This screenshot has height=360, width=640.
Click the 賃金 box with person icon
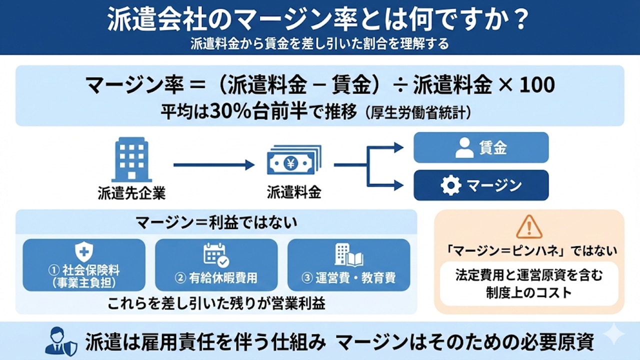pyautogui.click(x=480, y=147)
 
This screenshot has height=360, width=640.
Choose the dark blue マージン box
pyautogui.click(x=480, y=185)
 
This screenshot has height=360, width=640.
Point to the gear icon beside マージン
pyautogui.click(x=450, y=185)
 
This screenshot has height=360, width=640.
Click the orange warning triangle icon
pyautogui.click(x=529, y=227)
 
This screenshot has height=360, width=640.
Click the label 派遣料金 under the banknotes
pyautogui.click(x=294, y=192)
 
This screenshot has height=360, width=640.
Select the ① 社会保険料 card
pyautogui.click(x=84, y=265)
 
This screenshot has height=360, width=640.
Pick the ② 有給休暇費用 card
pyautogui.click(x=216, y=265)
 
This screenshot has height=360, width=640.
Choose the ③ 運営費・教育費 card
pyautogui.click(x=348, y=265)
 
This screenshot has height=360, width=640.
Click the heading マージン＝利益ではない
pyautogui.click(x=216, y=222)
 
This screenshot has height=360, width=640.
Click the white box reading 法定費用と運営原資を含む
pyautogui.click(x=529, y=283)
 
